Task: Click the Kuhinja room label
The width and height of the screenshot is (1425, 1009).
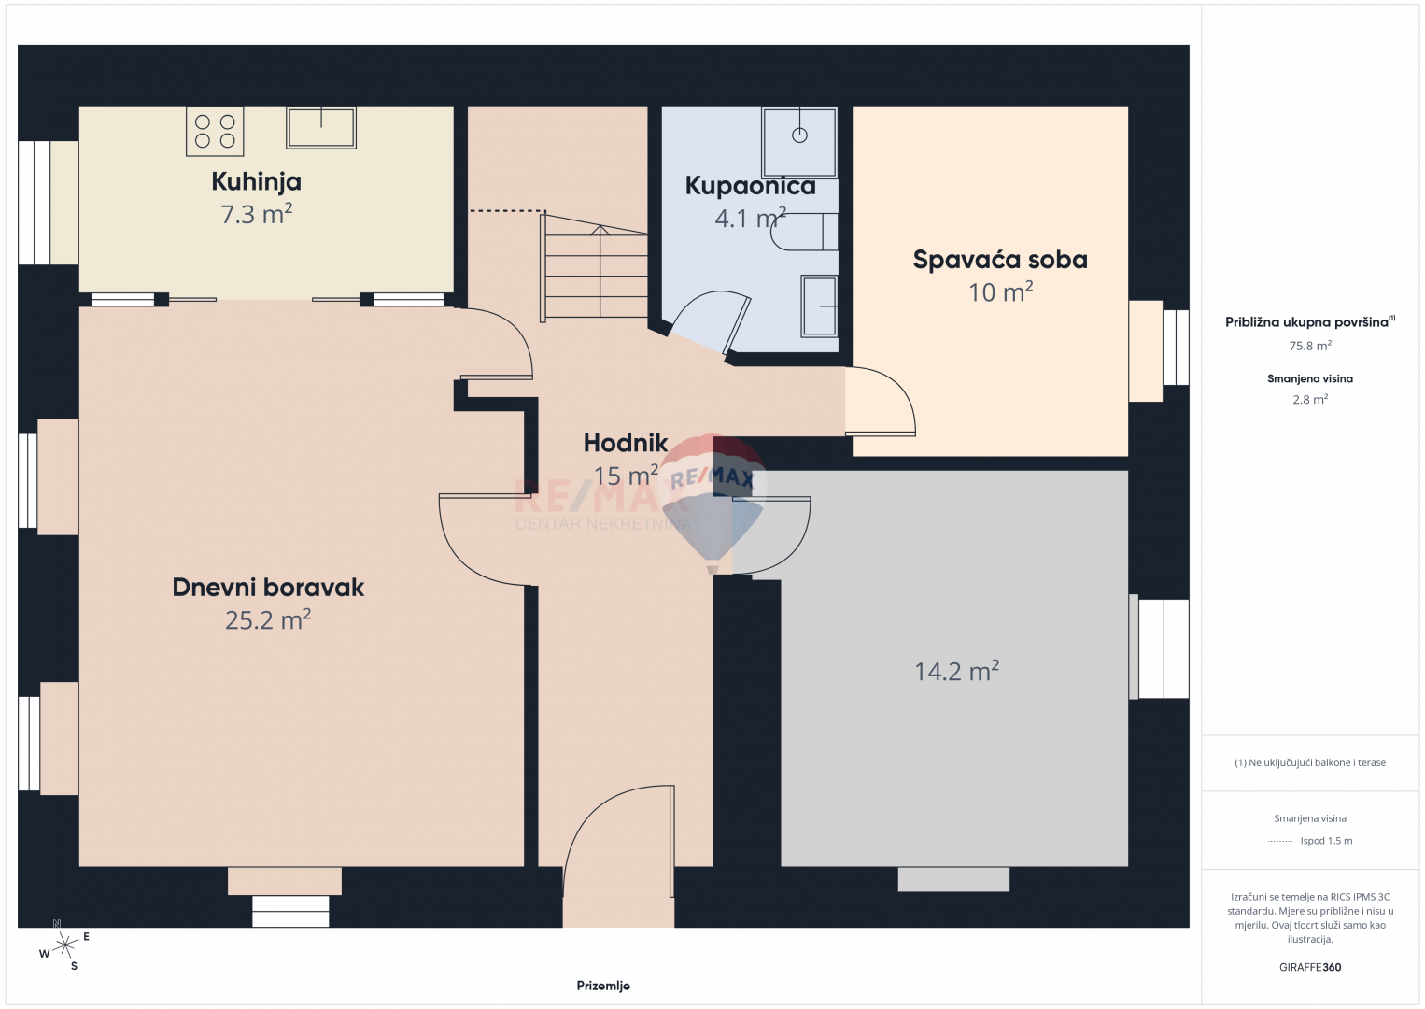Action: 257,181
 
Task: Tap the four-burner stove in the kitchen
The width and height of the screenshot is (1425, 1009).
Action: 215,131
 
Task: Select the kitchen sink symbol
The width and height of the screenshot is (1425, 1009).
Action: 320,127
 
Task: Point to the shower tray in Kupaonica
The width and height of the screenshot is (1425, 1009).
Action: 799,142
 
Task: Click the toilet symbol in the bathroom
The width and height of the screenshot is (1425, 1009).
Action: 804,232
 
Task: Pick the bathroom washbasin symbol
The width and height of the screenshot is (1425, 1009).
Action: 819,306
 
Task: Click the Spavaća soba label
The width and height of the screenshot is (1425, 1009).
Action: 1000,260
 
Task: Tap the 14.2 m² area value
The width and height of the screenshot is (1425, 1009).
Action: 956,671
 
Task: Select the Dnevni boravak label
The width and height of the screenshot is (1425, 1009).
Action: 268,587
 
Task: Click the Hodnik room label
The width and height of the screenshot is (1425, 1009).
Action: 626,443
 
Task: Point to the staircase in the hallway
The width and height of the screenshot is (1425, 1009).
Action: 594,267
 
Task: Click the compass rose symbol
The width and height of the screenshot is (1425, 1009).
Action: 64,945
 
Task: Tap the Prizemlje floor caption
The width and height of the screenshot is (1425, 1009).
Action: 603,986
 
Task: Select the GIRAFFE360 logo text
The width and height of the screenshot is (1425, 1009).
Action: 1310,967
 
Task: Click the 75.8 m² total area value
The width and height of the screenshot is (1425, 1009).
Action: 1310,346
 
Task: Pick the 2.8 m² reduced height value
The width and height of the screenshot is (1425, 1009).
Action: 1310,399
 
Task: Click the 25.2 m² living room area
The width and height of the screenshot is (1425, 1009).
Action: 268,620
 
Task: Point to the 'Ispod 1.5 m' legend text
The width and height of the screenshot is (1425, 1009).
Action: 1326,840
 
